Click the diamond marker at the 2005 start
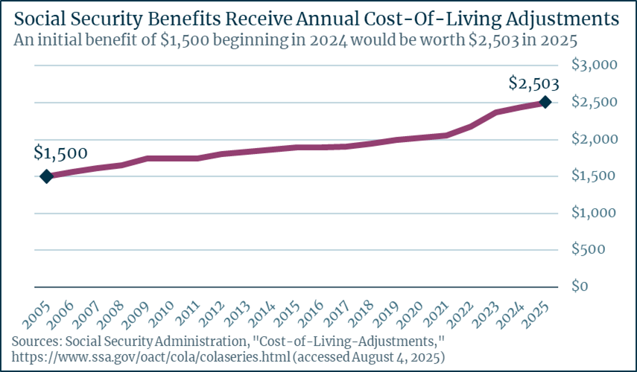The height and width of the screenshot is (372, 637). click(x=46, y=176)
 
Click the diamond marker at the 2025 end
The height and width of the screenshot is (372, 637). click(x=545, y=102)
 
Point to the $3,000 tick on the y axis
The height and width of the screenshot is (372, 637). click(x=595, y=65)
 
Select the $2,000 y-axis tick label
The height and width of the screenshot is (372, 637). click(x=595, y=139)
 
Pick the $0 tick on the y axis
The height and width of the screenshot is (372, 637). click(x=580, y=286)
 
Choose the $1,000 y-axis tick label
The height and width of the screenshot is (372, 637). click(x=595, y=213)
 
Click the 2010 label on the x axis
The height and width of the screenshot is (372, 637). click(x=160, y=313)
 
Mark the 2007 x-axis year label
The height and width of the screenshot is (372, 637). click(x=85, y=313)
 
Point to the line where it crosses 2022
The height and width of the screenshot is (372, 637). click(x=470, y=127)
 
